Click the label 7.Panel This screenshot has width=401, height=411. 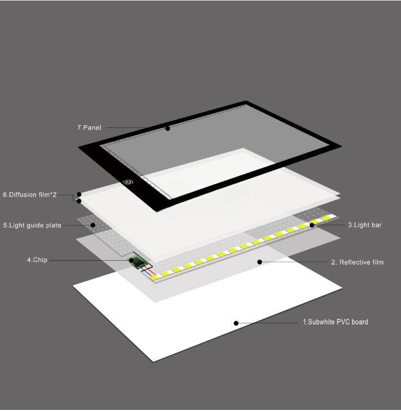click(89, 127)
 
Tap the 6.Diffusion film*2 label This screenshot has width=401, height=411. click(29, 195)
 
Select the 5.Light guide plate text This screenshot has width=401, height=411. click(32, 225)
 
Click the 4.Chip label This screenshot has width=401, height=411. click(37, 260)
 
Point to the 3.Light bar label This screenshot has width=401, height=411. click(365, 225)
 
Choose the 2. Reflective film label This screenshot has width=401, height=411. click(358, 262)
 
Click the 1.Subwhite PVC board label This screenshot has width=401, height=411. click(335, 322)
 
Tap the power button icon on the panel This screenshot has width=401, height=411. click(128, 182)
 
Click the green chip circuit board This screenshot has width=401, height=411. click(137, 262)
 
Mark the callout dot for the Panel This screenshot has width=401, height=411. click(168, 128)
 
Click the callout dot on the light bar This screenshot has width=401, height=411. click(312, 225)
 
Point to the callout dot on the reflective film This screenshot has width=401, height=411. click(260, 262)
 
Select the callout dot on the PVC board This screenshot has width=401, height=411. click(236, 323)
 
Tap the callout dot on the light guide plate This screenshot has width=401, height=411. click(93, 225)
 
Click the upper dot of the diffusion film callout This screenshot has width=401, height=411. click(79, 194)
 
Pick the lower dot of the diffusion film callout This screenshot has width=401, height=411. click(79, 201)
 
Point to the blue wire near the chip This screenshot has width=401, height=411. click(147, 272)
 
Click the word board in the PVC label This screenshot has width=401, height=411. click(360, 322)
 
